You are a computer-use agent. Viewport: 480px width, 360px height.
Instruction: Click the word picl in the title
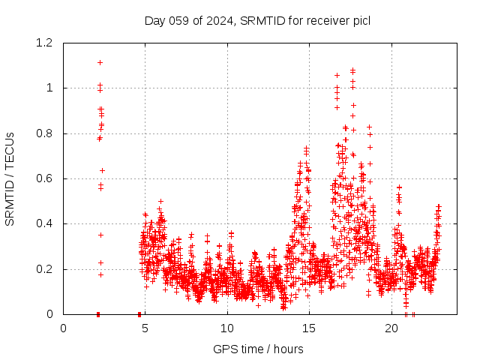coord(359,20)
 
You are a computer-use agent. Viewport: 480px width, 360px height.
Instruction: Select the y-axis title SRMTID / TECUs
coord(10,178)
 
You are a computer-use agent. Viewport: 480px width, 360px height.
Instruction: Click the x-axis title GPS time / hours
coord(258,349)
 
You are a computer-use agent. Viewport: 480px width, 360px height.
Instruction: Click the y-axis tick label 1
coord(49,88)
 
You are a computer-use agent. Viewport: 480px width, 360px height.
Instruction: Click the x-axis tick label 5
coord(145,328)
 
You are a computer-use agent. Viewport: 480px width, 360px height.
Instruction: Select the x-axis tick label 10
coord(227,328)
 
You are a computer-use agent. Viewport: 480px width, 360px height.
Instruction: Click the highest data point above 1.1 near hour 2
coord(100,62)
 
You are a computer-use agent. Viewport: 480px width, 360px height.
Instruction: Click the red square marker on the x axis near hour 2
coord(98,313)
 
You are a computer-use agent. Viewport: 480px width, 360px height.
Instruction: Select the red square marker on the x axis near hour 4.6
coord(139,313)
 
